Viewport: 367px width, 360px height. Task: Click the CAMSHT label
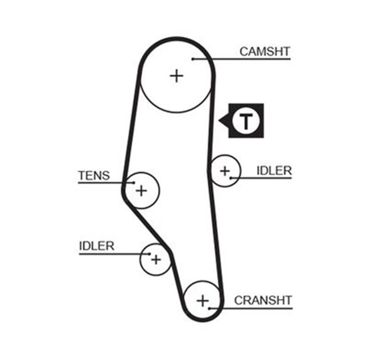[265, 51]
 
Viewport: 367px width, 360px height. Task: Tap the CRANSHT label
[263, 300]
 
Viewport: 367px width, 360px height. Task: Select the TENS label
[94, 175]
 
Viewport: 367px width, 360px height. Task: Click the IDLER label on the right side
[274, 171]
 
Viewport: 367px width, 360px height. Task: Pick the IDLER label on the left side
[97, 246]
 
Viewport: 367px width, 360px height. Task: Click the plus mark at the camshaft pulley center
[176, 76]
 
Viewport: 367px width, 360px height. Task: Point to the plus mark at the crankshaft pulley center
[203, 301]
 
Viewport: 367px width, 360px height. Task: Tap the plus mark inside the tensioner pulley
[141, 191]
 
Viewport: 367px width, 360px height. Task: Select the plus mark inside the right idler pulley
[225, 171]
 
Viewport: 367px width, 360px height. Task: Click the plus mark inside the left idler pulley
[156, 260]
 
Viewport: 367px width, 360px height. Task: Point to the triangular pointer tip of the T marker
[219, 121]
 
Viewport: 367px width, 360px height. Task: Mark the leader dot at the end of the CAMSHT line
[193, 59]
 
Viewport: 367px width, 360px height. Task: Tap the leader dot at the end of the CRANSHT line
[209, 309]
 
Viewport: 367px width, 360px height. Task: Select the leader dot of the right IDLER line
[231, 178]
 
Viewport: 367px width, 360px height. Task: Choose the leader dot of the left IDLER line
[149, 254]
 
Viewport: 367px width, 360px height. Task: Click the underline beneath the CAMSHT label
[241, 59]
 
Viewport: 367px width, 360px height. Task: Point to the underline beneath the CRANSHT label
[251, 309]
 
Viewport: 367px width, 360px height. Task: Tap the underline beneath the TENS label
[106, 183]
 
